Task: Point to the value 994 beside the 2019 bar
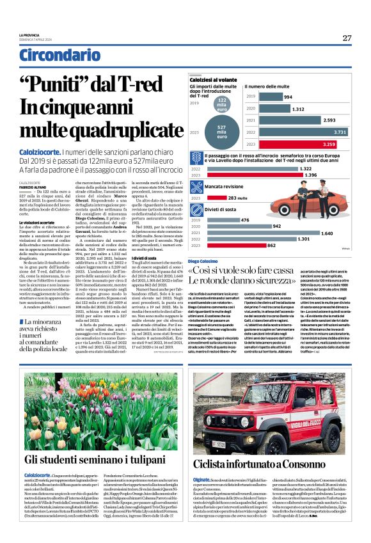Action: click(x=288, y=97)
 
